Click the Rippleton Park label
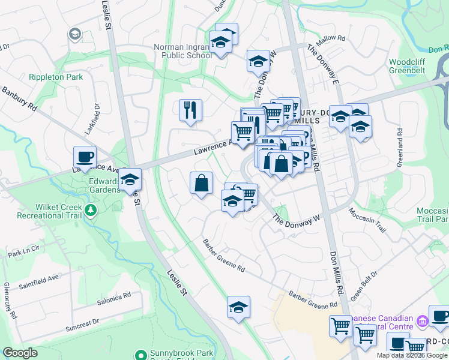click(55, 77)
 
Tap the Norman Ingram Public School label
click(182, 51)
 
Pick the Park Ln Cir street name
click(23, 248)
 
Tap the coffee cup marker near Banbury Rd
click(85, 157)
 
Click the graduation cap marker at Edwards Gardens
click(130, 179)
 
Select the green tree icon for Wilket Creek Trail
click(91, 210)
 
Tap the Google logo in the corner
click(20, 353)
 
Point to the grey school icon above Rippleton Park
click(75, 34)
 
